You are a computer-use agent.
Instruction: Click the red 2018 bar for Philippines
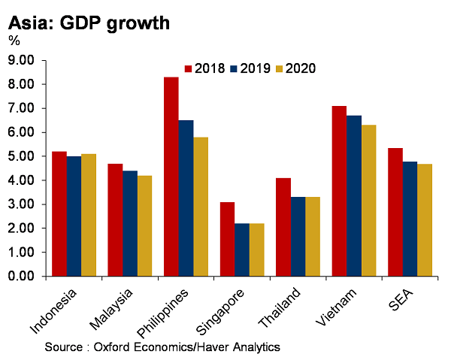point(171,177)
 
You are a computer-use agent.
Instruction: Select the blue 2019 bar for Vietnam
point(354,196)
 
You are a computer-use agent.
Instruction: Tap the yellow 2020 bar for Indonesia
point(89,215)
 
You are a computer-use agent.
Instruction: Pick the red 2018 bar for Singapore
point(227,239)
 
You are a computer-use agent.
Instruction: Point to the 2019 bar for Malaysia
point(130,223)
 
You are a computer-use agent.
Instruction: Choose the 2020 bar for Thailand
point(313,237)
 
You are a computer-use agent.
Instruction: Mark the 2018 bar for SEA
point(395,212)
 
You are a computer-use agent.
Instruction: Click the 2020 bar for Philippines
point(201,207)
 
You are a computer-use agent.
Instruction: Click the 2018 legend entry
point(204,68)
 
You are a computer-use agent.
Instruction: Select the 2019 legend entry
point(250,68)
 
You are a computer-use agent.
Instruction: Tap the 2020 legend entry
point(295,68)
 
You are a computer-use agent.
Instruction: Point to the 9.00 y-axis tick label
point(21,60)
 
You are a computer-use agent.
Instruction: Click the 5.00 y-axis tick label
point(21,156)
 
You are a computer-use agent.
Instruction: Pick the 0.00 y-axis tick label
point(21,276)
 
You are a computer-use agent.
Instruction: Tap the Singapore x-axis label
point(220,312)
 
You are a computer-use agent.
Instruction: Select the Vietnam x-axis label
point(336,307)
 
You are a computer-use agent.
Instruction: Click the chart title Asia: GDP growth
point(89,23)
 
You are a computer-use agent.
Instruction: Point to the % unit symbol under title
point(14,41)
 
